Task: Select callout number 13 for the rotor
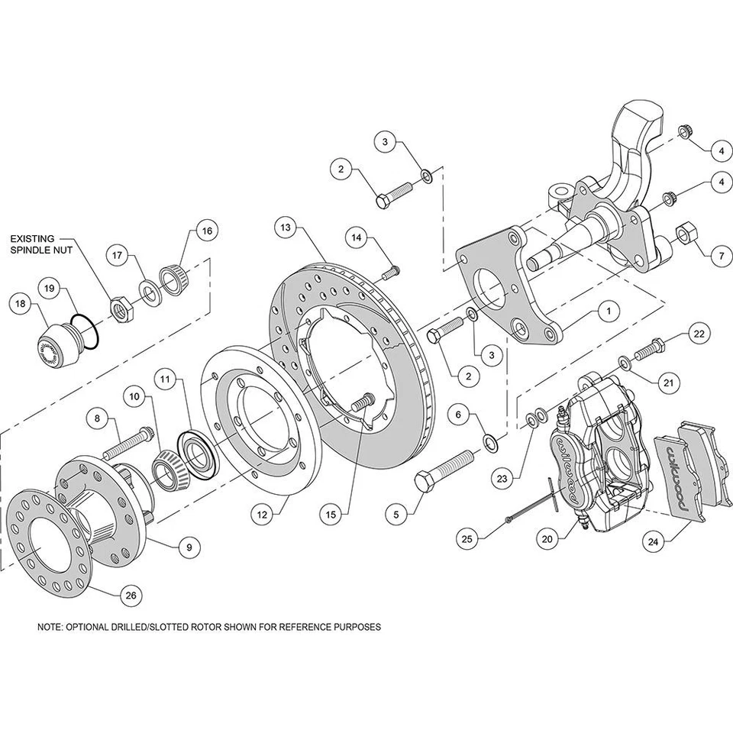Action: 285,228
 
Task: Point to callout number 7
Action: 719,257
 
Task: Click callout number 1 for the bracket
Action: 609,311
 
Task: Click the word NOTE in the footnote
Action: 49,627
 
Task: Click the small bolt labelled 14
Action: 392,268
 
